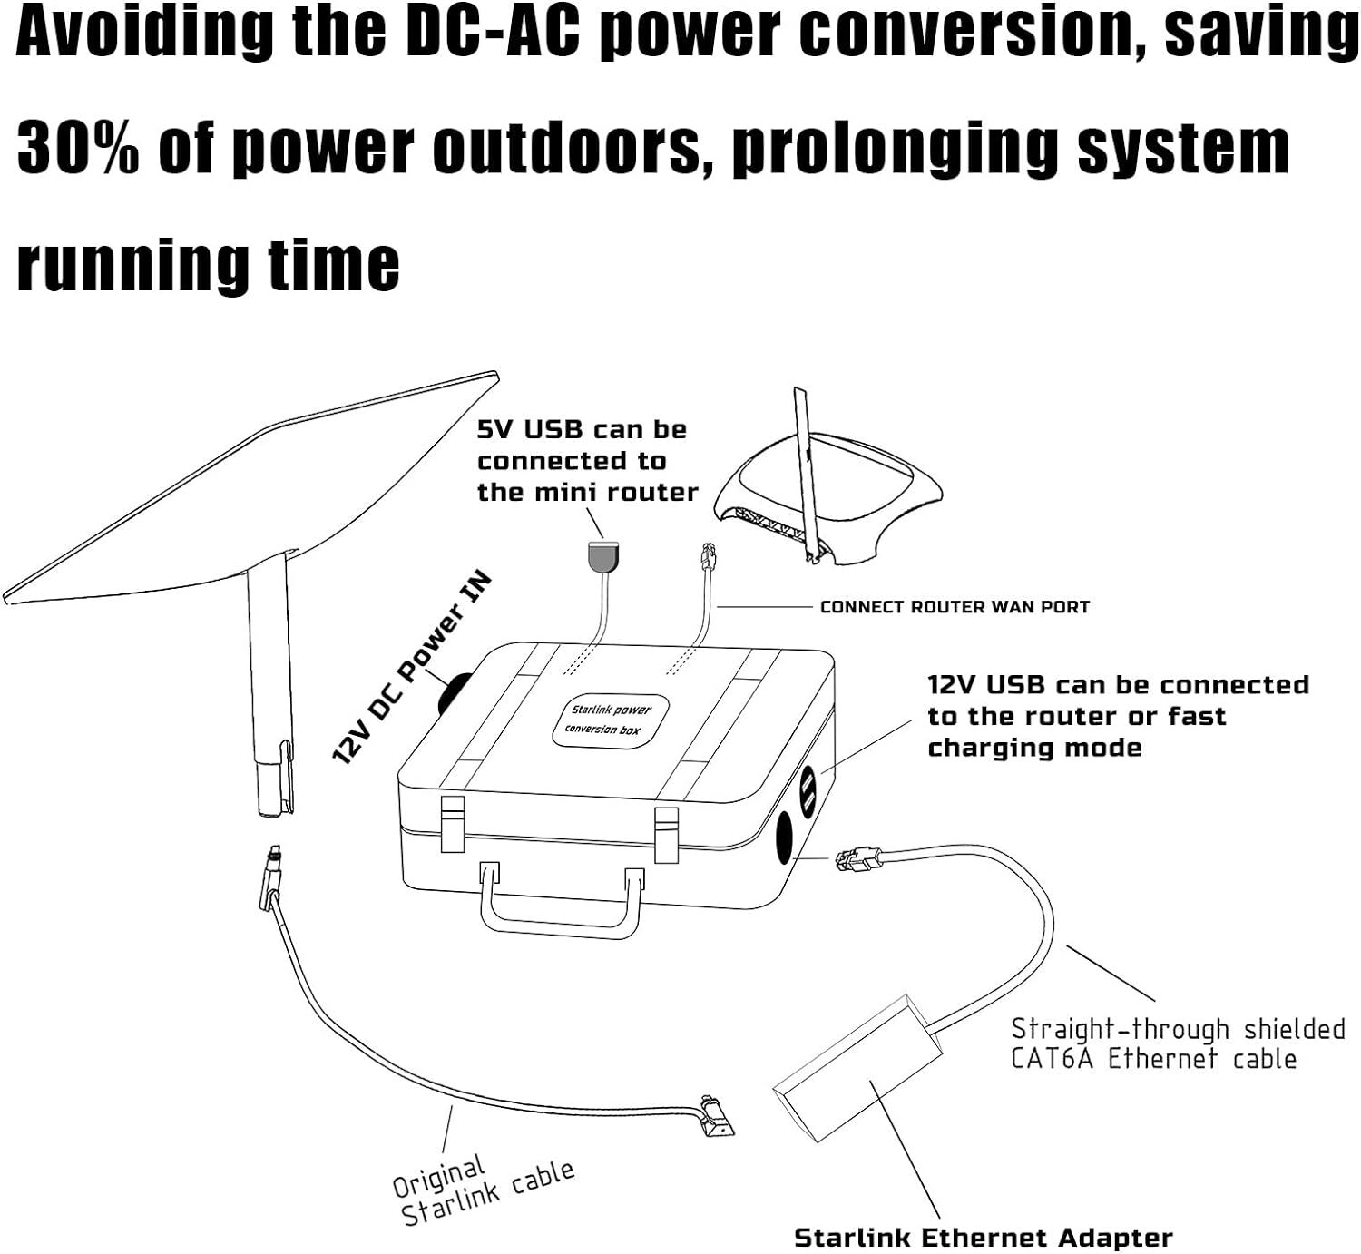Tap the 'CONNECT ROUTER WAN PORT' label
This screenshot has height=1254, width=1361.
click(x=954, y=607)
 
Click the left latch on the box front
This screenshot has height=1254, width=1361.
click(x=452, y=822)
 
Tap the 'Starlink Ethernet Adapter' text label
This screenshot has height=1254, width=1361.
click(x=983, y=1238)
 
